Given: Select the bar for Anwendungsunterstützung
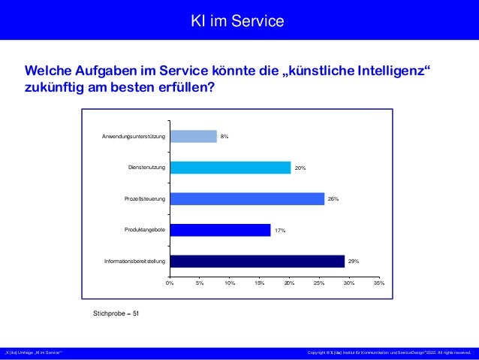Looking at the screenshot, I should pyautogui.click(x=193, y=137).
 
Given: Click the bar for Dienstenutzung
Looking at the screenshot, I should pyautogui.click(x=230, y=168).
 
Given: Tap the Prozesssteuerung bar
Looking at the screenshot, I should pyautogui.click(x=247, y=199).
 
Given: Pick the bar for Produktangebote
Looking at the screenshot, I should pyautogui.click(x=220, y=230).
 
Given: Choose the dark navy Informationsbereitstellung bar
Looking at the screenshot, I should pyautogui.click(x=257, y=262).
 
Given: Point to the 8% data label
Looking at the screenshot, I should pyautogui.click(x=224, y=137).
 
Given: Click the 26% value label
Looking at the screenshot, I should pyautogui.click(x=333, y=199).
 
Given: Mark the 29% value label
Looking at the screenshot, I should pyautogui.click(x=354, y=262).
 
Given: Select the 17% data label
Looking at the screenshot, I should pyautogui.click(x=279, y=230).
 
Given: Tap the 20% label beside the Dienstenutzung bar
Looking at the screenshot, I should pyautogui.click(x=300, y=168).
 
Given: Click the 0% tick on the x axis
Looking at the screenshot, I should pyautogui.click(x=170, y=283).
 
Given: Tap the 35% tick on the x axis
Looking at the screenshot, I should pyautogui.click(x=378, y=283).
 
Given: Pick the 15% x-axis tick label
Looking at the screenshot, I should pyautogui.click(x=259, y=283).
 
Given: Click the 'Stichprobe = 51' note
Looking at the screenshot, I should pyautogui.click(x=116, y=312).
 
